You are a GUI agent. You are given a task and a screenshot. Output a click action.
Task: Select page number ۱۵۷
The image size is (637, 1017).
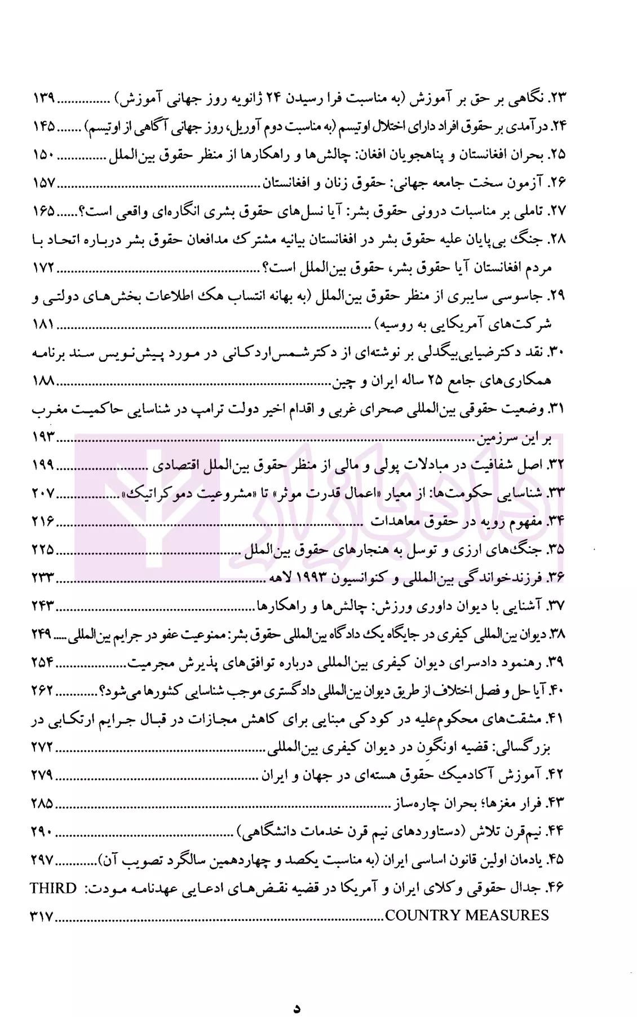43,183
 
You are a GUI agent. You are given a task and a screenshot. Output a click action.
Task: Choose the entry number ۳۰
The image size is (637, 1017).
556,353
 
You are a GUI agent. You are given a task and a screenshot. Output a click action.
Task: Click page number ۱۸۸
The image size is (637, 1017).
43,381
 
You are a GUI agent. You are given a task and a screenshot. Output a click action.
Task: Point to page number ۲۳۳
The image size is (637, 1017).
43,578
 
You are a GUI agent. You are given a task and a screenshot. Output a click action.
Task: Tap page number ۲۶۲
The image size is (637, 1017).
43,691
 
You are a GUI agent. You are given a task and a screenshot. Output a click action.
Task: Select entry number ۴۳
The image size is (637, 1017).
556,802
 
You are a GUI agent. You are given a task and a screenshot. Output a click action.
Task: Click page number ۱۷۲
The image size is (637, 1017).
43,267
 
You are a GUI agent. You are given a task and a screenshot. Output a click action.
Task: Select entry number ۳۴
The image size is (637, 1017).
556,521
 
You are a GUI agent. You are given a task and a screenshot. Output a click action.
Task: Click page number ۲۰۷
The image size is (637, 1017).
43,493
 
